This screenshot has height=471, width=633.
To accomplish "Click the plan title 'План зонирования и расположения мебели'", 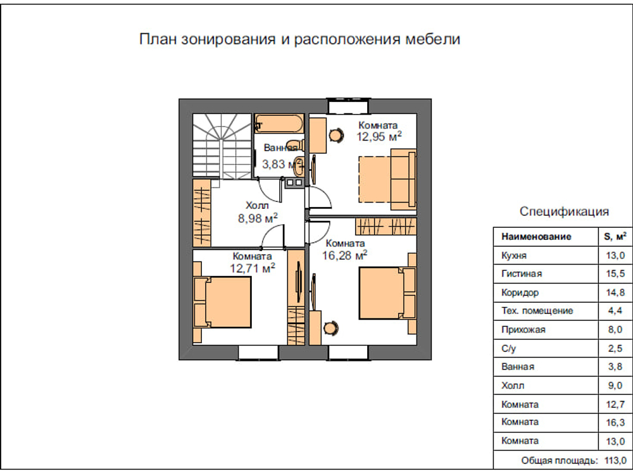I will point(299,39).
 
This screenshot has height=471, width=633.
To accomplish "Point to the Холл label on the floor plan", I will point(258,206).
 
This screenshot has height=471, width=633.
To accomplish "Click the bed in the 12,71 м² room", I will point(223,302).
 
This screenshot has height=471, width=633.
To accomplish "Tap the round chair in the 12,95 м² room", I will point(335,134).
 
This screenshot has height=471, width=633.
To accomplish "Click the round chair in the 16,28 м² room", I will point(330,327).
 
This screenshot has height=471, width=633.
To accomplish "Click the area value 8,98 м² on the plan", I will point(258,218).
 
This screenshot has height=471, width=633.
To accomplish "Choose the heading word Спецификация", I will point(564,211).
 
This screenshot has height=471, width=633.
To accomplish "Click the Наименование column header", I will point(536,237).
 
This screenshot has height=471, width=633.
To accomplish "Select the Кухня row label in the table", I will point(514,256).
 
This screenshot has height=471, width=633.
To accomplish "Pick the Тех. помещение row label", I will point(537,311).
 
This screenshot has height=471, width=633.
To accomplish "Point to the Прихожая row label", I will point(523,330).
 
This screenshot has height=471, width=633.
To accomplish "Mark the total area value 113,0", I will point(615,460).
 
